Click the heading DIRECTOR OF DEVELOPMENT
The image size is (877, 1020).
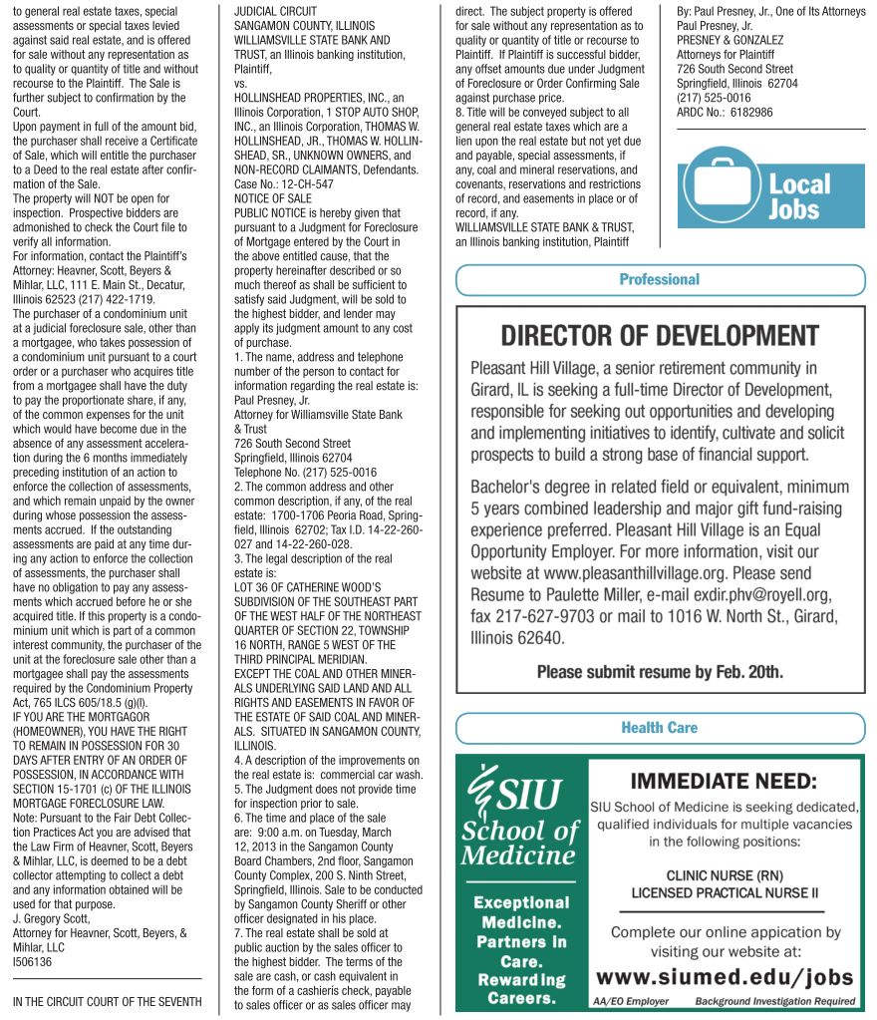pos(659,335)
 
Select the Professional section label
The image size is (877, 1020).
pos(659,280)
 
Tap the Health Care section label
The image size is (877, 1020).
pos(659,728)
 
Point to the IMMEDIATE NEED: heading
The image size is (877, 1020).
pos(724,782)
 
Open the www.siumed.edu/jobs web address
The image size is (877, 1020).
pos(725,976)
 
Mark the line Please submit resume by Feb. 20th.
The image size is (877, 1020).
pos(660,672)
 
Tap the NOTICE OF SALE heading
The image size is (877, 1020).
pos(272,199)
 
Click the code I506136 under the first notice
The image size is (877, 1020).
pos(32,962)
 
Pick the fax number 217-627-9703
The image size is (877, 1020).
pos(543,617)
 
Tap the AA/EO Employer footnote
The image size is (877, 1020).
pos(631,1001)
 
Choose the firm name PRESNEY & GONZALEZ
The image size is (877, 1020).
pos(730,40)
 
